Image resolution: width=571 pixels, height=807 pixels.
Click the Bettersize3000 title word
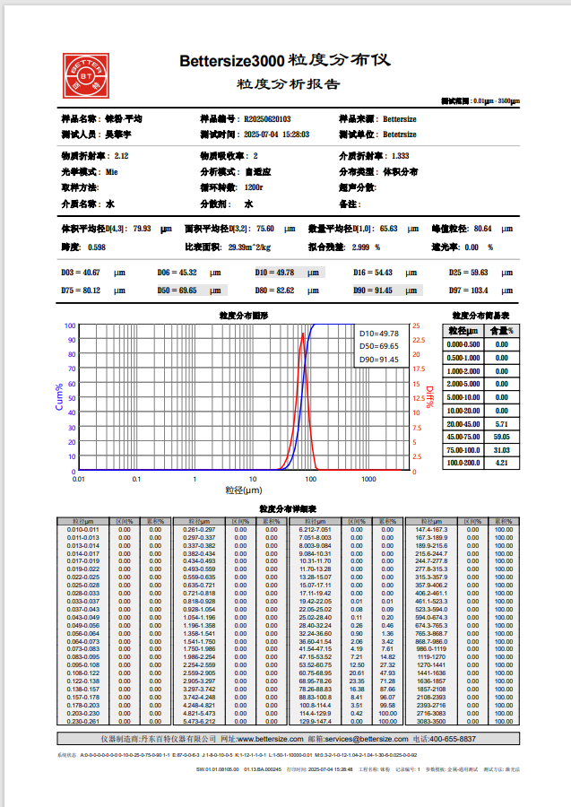(231, 62)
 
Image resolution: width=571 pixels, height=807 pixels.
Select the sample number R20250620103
(267, 119)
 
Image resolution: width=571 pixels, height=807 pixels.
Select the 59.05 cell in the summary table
(502, 436)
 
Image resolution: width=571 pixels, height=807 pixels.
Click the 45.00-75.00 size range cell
(464, 436)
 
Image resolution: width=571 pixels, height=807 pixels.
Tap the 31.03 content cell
(502, 449)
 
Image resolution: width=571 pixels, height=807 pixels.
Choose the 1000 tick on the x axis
(368, 480)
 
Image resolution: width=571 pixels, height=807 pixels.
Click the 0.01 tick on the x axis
(79, 480)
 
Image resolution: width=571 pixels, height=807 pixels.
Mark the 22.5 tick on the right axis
(417, 340)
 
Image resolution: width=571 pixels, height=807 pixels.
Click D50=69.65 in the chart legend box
(378, 346)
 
